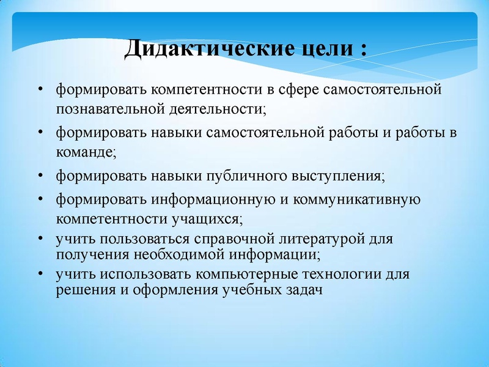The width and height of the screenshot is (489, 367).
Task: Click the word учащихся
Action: pyautogui.click(x=205, y=218)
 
